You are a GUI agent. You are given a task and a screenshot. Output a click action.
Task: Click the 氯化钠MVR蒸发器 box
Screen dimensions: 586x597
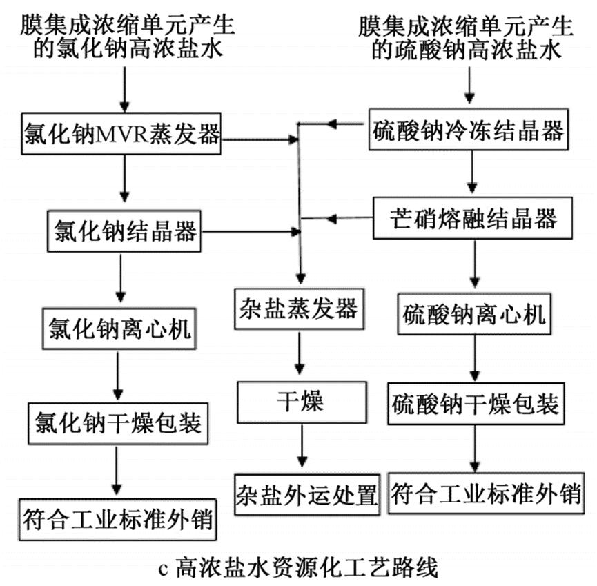click(x=121, y=131)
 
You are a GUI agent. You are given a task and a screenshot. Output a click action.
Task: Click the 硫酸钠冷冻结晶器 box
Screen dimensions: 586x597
click(x=470, y=129)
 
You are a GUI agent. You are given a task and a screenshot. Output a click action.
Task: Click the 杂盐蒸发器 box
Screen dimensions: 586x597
click(x=298, y=308)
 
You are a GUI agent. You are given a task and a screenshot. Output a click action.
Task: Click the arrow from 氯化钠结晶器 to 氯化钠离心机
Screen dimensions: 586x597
click(x=121, y=279)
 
